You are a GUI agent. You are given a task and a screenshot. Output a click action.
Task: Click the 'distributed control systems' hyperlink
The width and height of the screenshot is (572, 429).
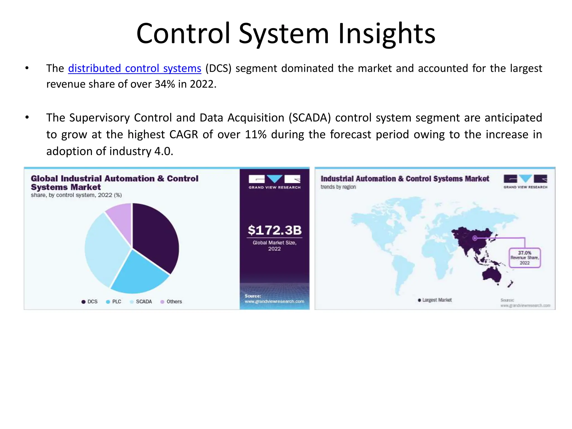coord(134,68)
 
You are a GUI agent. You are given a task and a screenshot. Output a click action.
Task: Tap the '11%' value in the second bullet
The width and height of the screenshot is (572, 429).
coord(256,134)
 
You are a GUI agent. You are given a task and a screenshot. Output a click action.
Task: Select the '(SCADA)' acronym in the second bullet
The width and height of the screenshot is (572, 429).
coord(309,118)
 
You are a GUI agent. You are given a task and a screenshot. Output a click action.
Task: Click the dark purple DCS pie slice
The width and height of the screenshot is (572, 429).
coord(156,237)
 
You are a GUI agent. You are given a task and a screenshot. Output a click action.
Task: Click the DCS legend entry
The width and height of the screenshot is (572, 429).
coord(89,302)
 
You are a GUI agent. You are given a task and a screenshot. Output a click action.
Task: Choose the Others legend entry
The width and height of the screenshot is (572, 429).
coord(171,302)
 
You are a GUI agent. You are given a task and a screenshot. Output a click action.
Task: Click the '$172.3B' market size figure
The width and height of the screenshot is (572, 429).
coord(275,230)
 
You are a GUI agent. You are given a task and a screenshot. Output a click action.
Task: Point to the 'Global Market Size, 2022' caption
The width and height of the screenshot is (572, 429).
coord(275,246)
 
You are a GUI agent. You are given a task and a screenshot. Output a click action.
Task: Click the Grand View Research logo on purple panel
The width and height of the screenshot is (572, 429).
coord(275,182)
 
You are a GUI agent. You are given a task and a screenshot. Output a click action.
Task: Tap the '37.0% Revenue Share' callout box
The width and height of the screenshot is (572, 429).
coord(525,258)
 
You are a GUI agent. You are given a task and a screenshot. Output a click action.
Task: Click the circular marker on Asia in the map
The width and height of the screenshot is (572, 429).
coord(475,238)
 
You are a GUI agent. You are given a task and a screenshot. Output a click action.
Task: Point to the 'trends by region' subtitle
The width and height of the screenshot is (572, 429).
coord(338,187)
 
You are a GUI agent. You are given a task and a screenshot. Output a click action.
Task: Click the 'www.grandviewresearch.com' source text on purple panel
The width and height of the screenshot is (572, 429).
coord(274,301)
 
